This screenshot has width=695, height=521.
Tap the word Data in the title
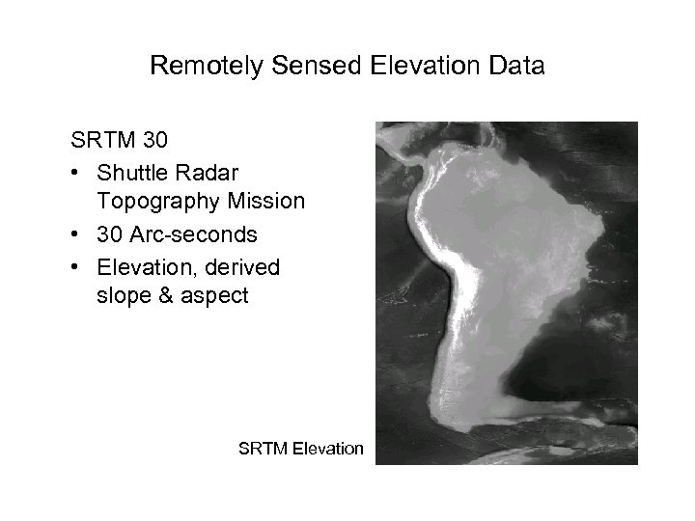coord(515,67)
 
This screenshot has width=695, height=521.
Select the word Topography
coord(155,202)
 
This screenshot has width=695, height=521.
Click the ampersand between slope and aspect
coord(164,296)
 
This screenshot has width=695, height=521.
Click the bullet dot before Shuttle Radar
coord(75,171)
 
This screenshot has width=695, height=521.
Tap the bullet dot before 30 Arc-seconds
coord(75,233)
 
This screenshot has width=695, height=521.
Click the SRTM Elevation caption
coord(300,448)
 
